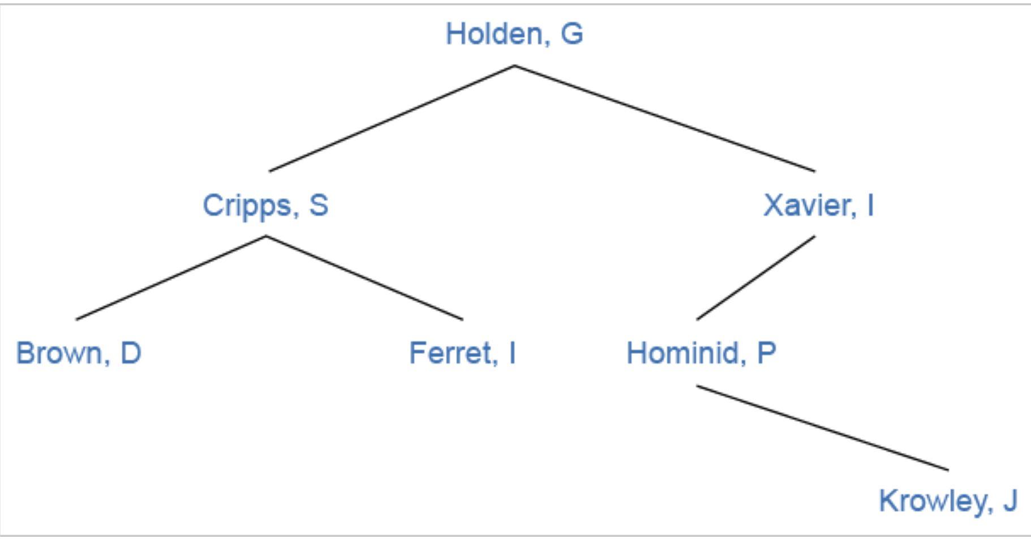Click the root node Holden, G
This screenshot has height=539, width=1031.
click(x=514, y=34)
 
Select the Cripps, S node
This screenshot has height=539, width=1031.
click(x=265, y=205)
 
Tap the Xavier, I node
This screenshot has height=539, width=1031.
click(x=818, y=205)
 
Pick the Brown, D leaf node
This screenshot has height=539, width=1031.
click(x=79, y=353)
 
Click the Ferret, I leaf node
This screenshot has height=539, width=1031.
click(x=462, y=353)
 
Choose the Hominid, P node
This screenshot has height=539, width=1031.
click(x=701, y=353)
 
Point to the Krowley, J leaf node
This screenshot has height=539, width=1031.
click(x=948, y=501)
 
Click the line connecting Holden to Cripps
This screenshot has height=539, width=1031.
click(x=392, y=118)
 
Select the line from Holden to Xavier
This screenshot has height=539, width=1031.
click(x=665, y=118)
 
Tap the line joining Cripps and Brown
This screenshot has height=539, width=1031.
click(x=171, y=278)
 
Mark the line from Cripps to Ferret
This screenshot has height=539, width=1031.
click(x=364, y=278)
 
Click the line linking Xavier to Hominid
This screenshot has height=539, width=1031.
click(x=756, y=278)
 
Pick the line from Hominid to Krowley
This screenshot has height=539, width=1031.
click(x=822, y=427)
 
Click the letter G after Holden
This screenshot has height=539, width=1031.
click(x=572, y=34)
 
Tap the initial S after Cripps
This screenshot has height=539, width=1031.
click(x=319, y=205)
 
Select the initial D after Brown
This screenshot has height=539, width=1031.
click(x=131, y=353)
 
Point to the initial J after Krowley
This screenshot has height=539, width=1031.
click(x=1010, y=501)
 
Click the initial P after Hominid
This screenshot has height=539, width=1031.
click(x=766, y=353)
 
